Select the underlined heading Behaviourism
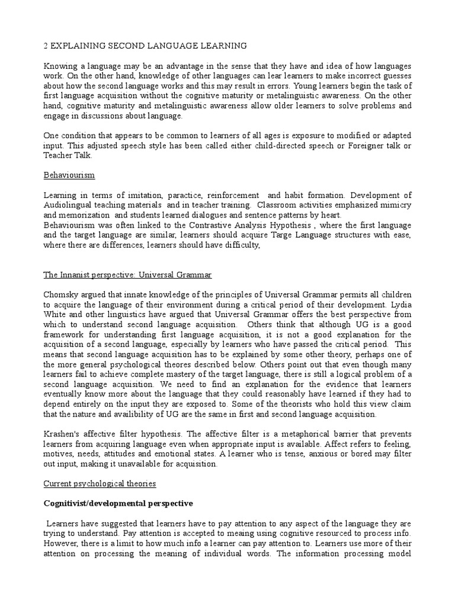coord(68,176)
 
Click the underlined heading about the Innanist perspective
coord(127,275)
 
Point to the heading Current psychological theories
coord(100,484)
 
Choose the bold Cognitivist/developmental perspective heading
coord(118,503)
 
